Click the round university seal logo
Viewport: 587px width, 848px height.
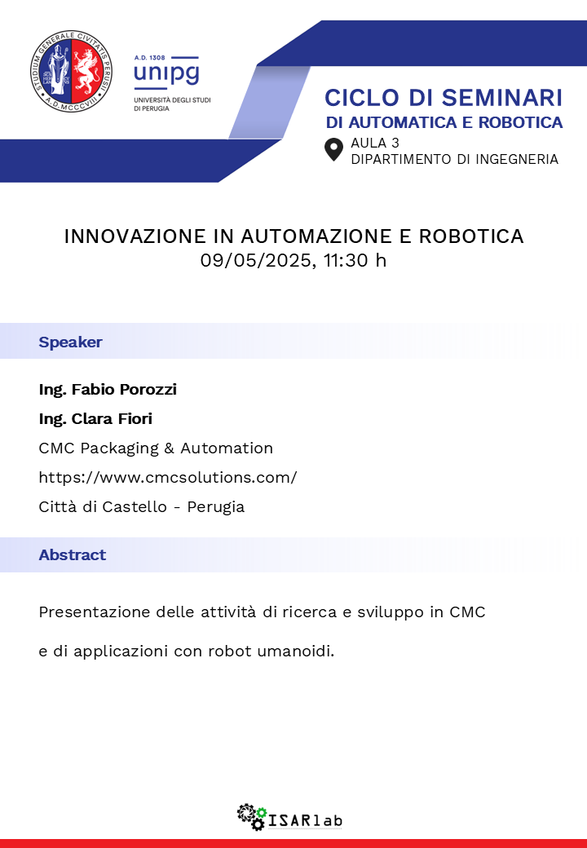(72, 72)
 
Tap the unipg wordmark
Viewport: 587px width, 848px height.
(166, 73)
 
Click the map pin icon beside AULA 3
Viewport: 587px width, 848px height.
(333, 150)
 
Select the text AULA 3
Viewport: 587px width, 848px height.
(375, 143)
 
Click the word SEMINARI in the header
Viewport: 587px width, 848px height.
(502, 98)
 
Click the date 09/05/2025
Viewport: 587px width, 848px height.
(257, 260)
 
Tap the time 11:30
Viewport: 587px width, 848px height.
(346, 260)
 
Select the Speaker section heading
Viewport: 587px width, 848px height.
(70, 342)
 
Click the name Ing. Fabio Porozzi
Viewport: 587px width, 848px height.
(108, 390)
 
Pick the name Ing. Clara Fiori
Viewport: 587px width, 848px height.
(95, 418)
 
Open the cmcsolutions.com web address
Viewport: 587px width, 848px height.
(168, 478)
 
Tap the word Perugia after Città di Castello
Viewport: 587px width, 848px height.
(216, 506)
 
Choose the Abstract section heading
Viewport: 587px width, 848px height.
(72, 555)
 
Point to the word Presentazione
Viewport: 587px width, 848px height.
(95, 612)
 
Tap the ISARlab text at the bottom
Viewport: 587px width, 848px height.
(306, 820)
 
